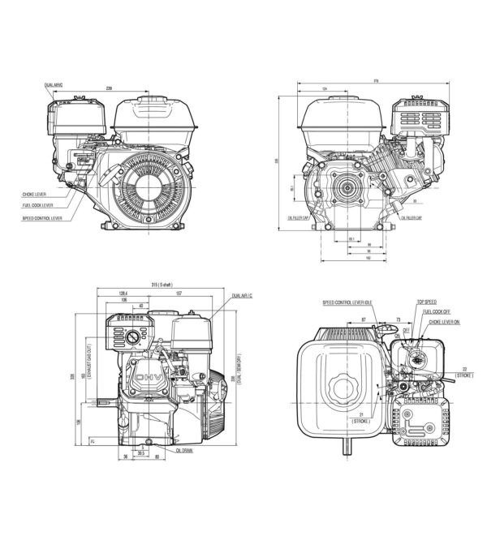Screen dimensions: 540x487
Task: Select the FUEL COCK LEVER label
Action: point(37,206)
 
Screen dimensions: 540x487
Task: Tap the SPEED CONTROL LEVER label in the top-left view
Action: point(40,216)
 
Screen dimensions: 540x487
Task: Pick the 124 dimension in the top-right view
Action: point(324,89)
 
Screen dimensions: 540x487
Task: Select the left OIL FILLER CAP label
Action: point(300,218)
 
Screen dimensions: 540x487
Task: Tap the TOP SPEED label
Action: point(426,302)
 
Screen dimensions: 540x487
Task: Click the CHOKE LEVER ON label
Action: point(443,321)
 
